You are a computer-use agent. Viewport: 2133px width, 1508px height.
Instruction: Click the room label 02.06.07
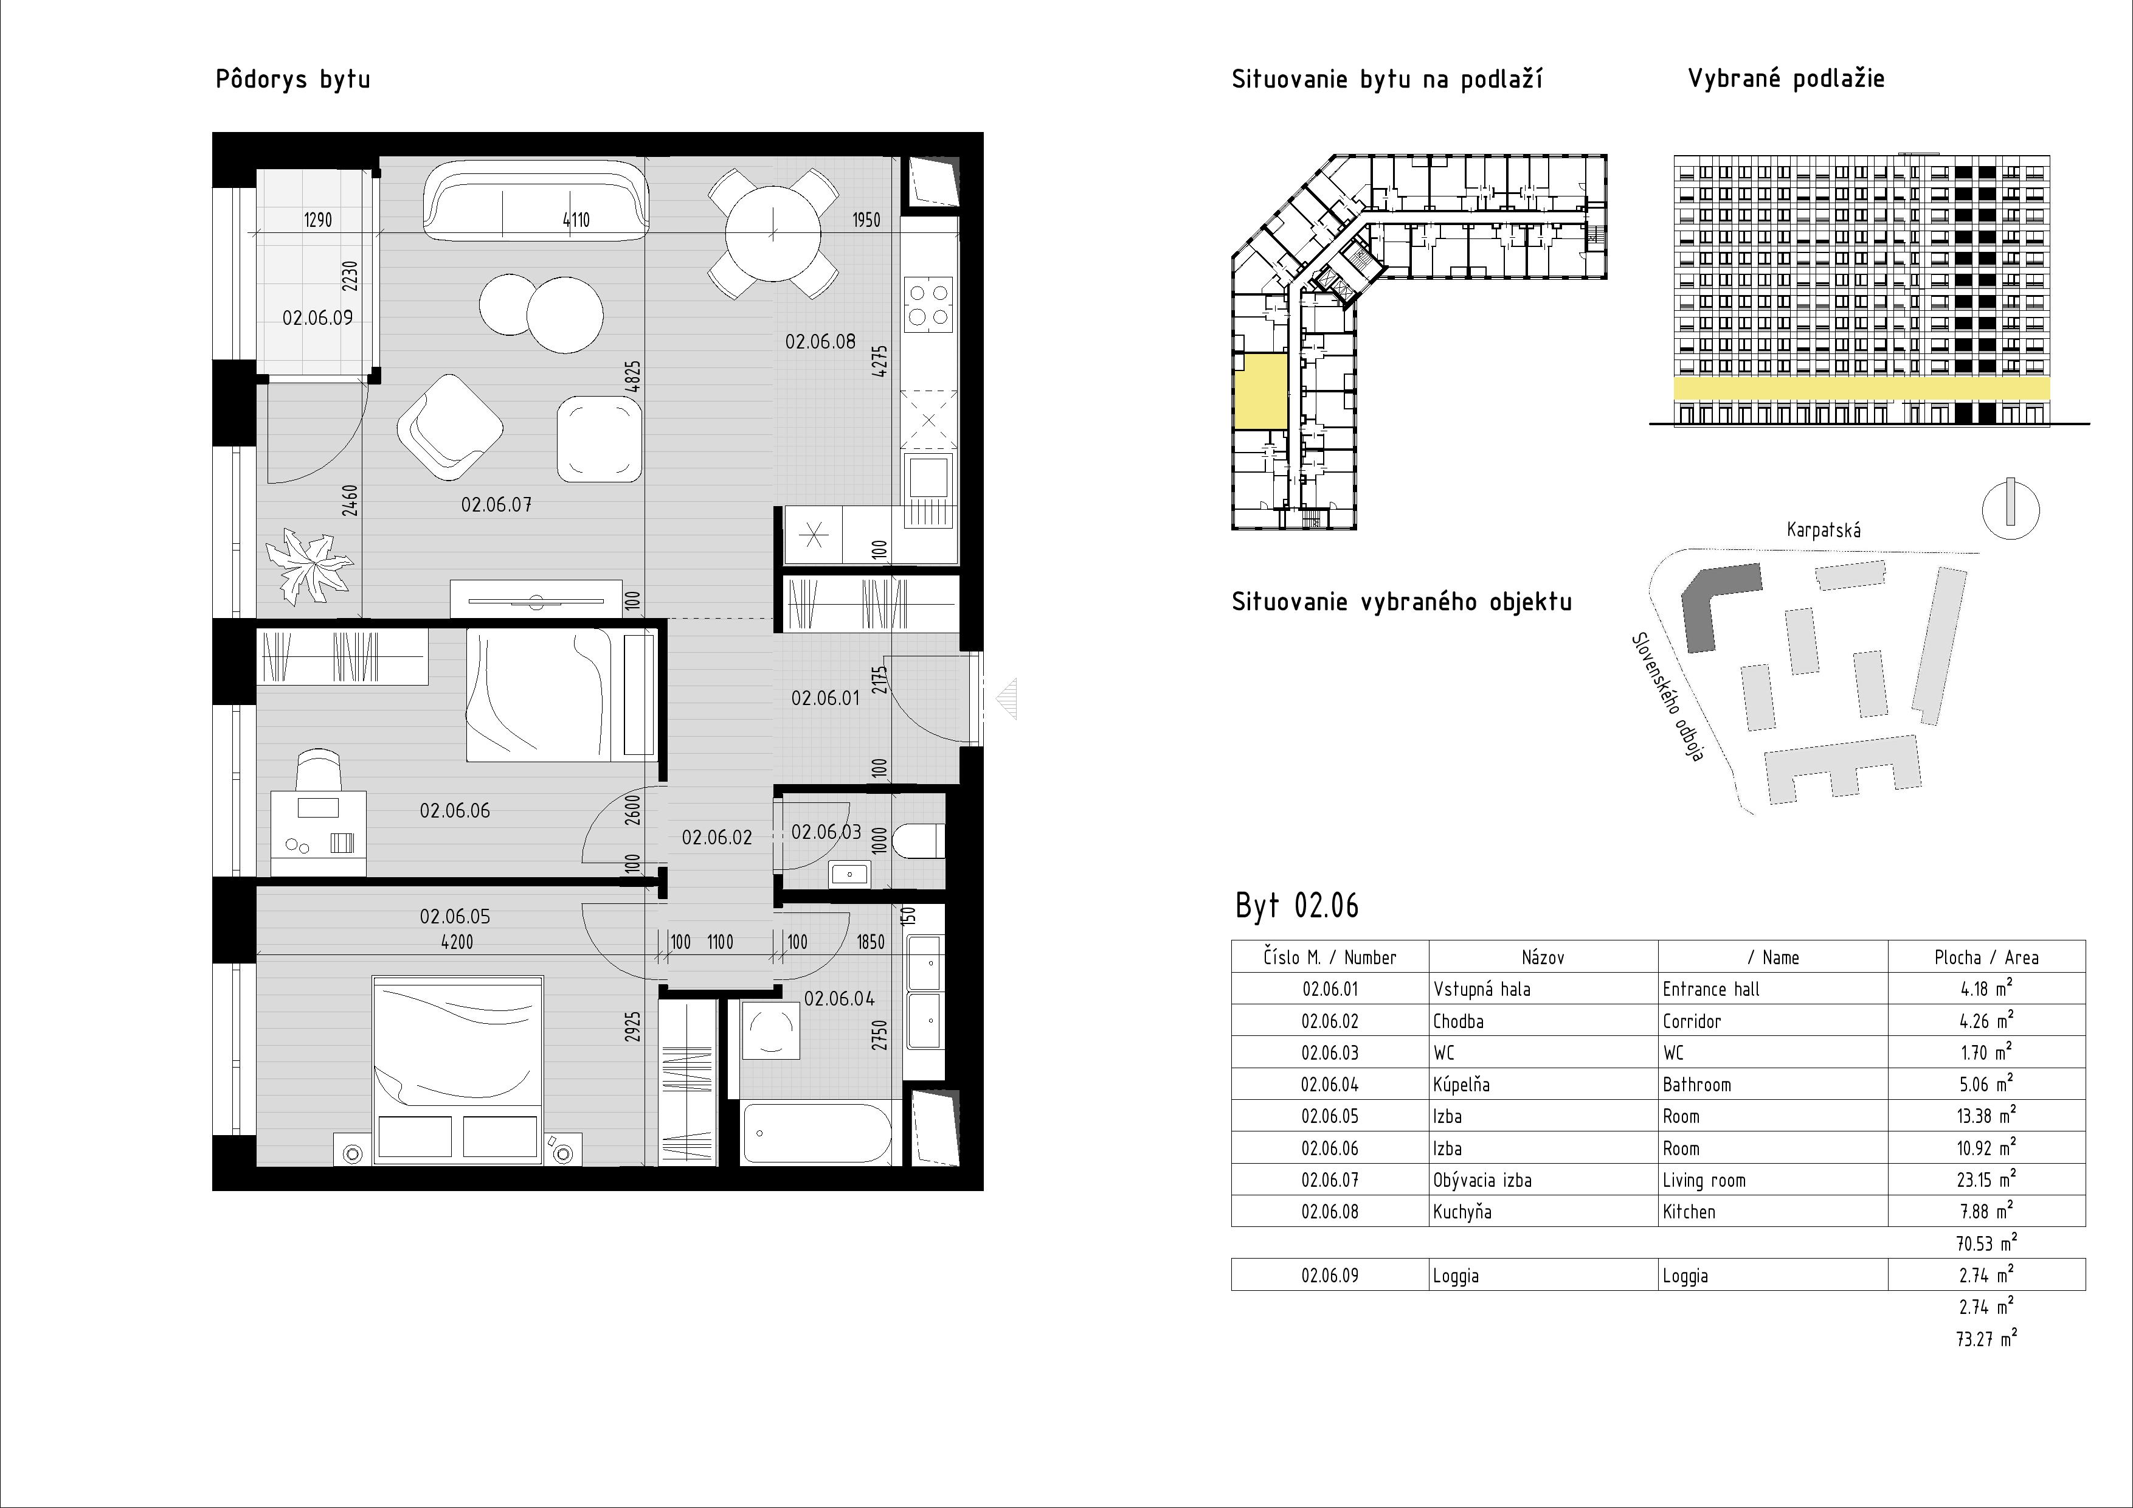[496, 504]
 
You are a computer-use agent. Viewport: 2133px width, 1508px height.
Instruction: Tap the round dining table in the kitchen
[773, 233]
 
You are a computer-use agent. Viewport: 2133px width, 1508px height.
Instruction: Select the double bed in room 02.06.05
[457, 1069]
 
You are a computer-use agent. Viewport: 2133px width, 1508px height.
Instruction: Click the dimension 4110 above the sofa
[576, 220]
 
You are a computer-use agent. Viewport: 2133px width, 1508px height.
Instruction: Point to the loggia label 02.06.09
[318, 318]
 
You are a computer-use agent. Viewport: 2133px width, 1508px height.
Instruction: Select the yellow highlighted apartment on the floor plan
[1260, 391]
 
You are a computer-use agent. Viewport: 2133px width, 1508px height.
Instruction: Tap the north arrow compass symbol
[2010, 508]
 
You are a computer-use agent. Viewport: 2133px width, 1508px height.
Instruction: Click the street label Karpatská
[1823, 530]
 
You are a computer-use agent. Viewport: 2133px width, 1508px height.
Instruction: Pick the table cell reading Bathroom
[1696, 1084]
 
